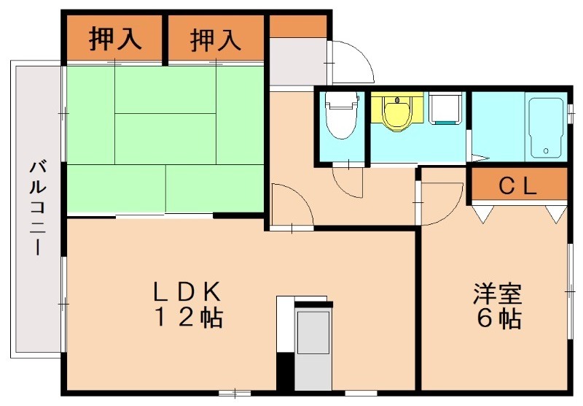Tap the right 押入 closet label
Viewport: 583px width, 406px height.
coord(216,39)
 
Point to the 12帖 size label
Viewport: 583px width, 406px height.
coord(187,318)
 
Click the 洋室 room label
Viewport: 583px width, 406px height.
coord(498,294)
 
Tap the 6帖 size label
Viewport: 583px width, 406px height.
coord(498,319)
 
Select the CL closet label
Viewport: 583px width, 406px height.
coord(517,186)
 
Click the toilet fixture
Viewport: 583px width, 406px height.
coord(340,116)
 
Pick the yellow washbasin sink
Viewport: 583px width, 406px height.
coord(397,113)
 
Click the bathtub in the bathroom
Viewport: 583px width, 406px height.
coord(544,127)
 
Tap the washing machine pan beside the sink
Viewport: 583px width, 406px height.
coord(444,109)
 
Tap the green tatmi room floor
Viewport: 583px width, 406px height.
coord(164,139)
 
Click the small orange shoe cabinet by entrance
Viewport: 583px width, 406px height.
coord(298,26)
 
